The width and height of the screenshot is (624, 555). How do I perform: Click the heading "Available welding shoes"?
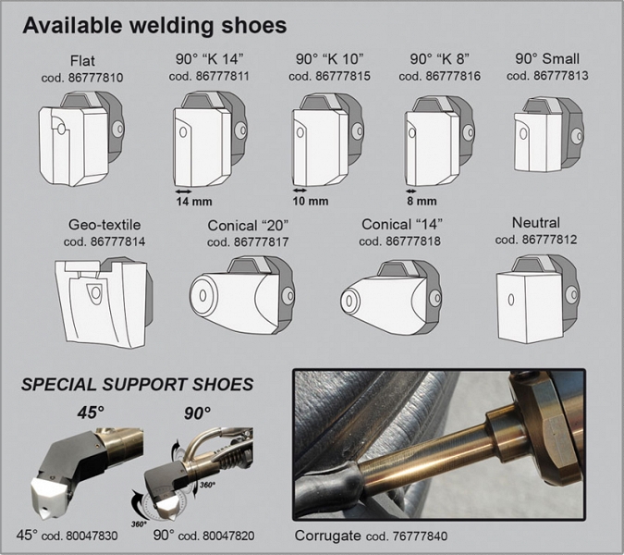153,24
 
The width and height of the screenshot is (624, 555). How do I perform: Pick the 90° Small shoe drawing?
546,137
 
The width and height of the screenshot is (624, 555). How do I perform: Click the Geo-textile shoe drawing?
103,297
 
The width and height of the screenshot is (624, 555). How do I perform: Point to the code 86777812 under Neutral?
537,240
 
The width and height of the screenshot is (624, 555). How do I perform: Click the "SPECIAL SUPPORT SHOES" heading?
138,384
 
